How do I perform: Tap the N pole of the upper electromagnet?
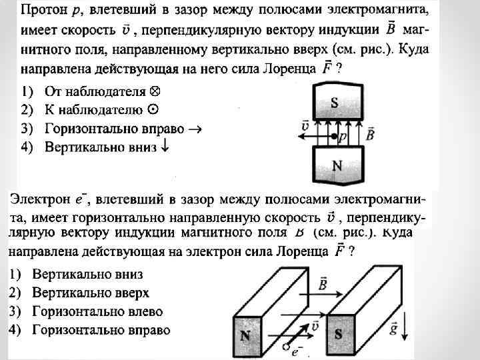point(337,165)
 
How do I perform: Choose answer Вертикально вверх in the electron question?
point(91,293)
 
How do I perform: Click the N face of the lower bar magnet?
point(245,336)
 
